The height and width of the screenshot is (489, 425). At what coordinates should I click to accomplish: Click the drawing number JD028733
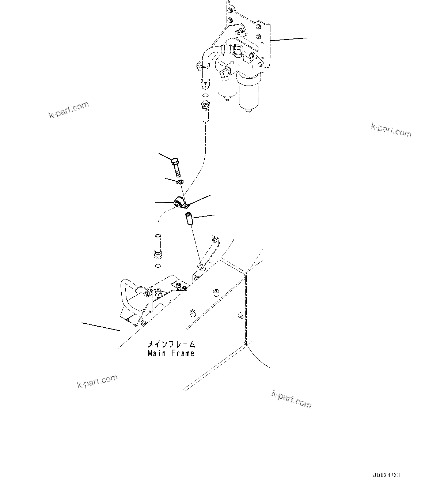point(386,475)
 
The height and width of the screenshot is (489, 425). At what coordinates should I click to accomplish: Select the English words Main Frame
point(171,353)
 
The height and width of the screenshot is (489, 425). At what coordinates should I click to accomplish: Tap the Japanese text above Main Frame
point(171,345)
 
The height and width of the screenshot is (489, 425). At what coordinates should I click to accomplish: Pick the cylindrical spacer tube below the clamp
point(188,219)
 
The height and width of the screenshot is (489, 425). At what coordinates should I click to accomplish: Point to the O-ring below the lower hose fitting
point(158,266)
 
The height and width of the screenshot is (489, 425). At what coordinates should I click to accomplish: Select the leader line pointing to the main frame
point(100,327)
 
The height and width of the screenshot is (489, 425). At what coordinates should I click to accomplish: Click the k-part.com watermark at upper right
point(391,130)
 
